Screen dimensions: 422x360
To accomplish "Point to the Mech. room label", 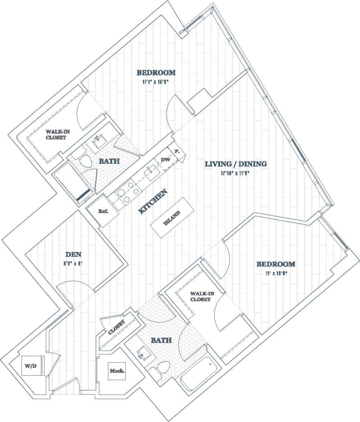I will (x=117, y=371).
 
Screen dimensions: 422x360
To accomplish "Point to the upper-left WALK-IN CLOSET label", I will (x=56, y=134).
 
